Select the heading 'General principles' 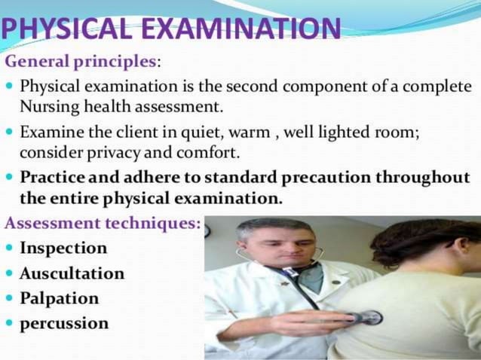point(82,60)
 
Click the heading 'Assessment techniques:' point(103,223)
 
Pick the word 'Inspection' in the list point(63,248)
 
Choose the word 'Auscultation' point(72,273)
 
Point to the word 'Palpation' point(60,298)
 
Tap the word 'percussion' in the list point(64,324)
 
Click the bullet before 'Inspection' point(9,248)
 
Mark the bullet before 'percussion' point(9,324)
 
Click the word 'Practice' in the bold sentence point(51,178)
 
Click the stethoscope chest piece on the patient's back point(369,318)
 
